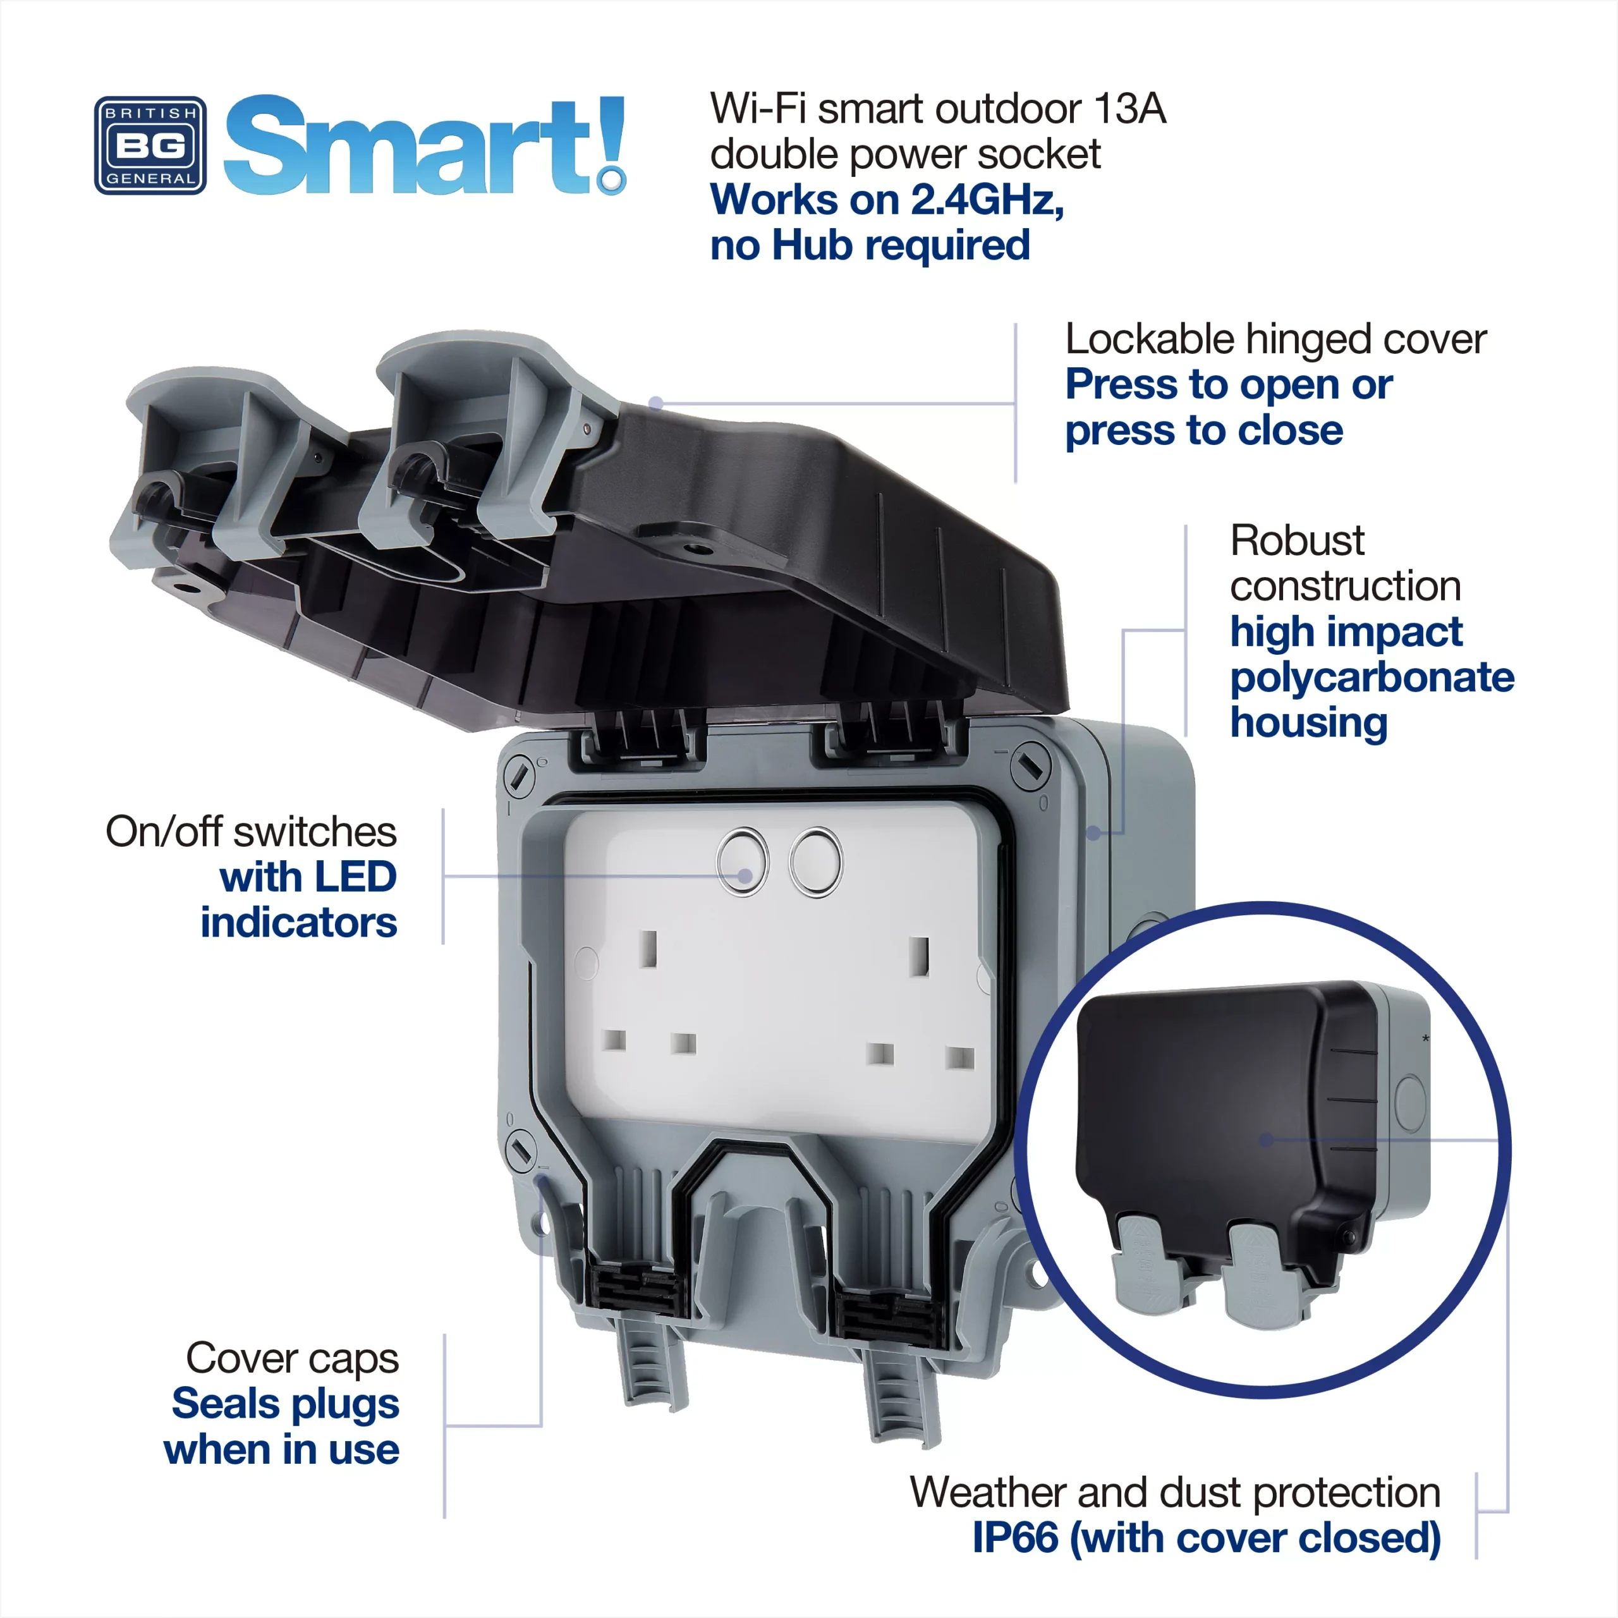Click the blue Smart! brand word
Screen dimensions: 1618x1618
(423, 145)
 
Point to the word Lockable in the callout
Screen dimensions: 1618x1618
(1149, 339)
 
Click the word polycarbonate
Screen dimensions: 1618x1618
(1372, 678)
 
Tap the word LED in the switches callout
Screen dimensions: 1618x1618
(355, 877)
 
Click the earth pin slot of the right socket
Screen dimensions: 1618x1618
(920, 956)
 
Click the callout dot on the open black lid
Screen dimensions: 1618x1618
(657, 404)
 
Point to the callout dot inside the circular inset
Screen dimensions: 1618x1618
(1266, 1140)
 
